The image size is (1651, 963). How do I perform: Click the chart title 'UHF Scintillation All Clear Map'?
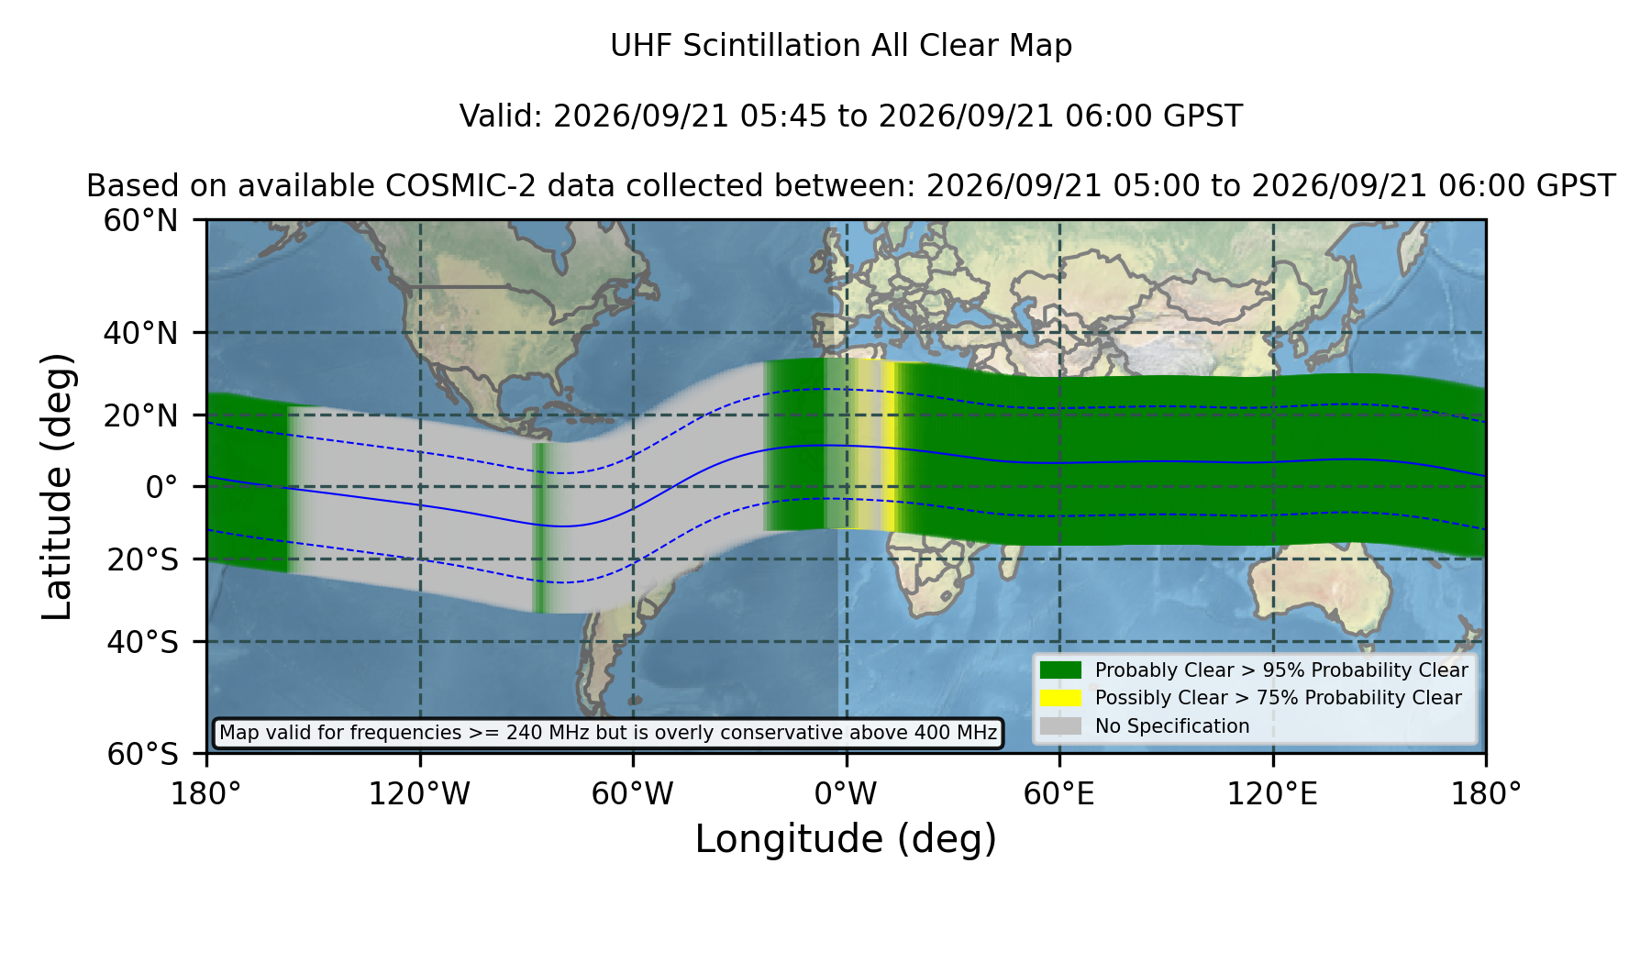pos(841,46)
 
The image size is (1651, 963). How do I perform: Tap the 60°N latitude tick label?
pos(140,221)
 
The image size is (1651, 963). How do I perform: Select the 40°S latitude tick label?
pos(142,642)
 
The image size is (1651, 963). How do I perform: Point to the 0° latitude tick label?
pos(161,487)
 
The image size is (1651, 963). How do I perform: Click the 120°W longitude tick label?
pos(419,794)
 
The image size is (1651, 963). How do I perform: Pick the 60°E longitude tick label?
pos(1059,794)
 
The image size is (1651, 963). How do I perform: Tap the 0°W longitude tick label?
pos(846,794)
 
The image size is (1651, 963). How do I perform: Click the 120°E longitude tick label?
pos(1272,794)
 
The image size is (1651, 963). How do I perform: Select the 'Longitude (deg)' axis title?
pos(846,839)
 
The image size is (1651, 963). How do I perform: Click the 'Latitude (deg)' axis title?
pos(57,487)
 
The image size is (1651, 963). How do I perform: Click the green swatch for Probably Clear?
pos(1060,670)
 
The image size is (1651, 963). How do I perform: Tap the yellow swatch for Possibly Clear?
pos(1060,698)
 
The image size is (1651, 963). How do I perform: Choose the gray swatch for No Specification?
pos(1060,726)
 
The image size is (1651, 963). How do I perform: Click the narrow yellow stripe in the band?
pos(890,446)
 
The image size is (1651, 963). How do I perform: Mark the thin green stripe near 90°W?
pos(540,527)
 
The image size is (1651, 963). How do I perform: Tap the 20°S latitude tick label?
pos(142,559)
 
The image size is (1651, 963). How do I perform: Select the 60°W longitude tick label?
pos(632,794)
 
